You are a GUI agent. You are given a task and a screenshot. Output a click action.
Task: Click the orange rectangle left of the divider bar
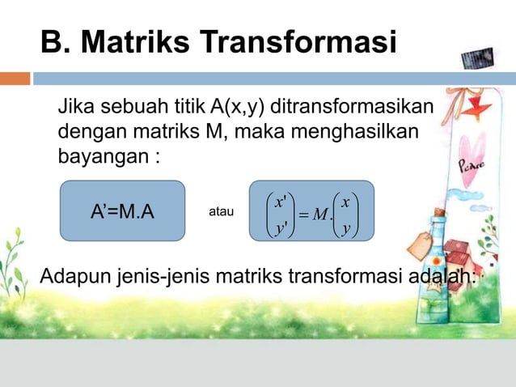(15, 79)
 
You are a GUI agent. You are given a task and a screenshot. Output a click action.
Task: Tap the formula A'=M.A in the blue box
(123, 213)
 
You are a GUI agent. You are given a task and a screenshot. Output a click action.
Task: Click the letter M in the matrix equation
(320, 215)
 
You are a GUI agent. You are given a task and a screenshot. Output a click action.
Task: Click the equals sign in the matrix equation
(302, 215)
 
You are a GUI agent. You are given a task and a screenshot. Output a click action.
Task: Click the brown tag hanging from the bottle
(422, 242)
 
